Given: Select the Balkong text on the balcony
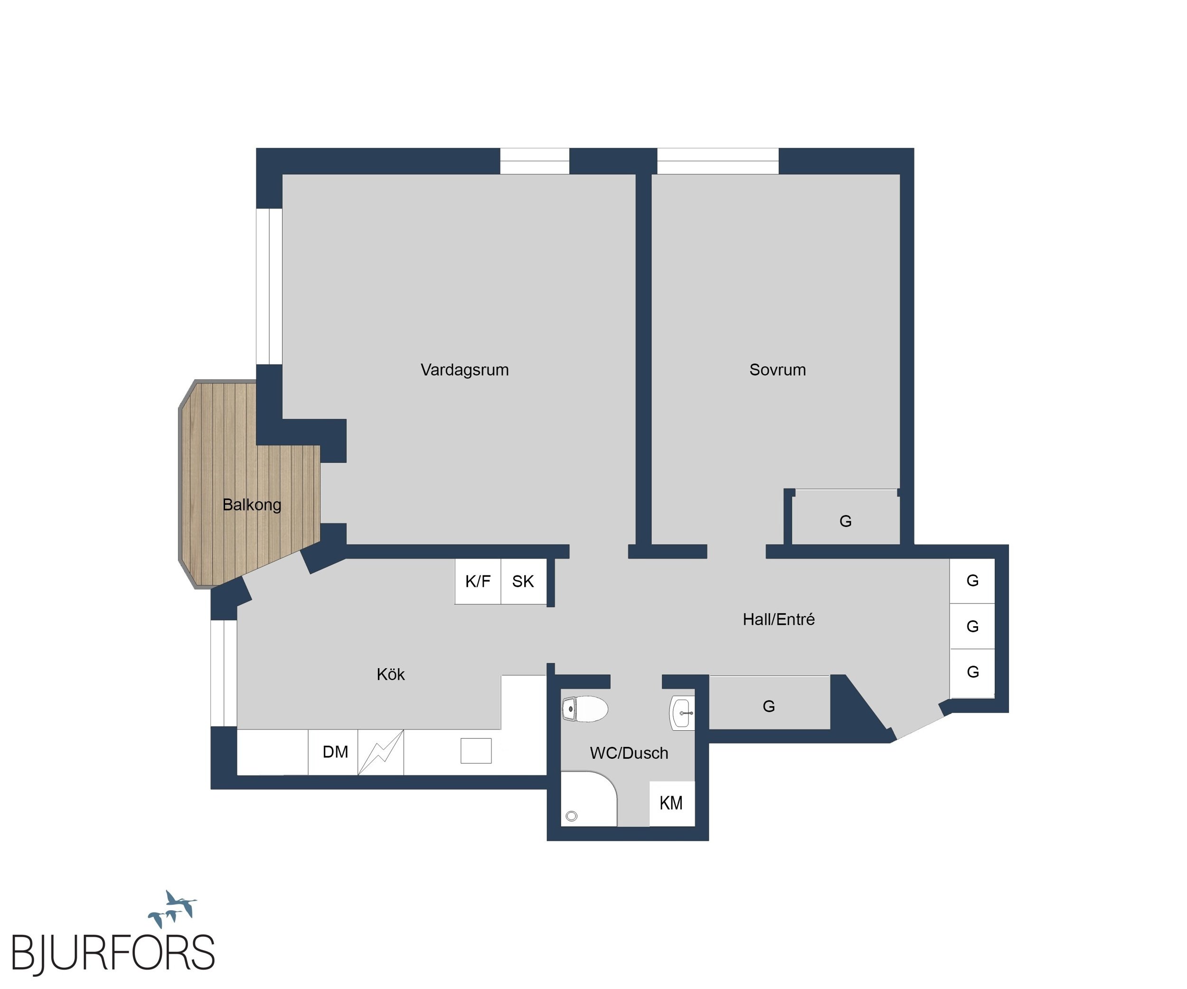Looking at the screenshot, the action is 252,505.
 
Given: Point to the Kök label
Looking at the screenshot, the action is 391,674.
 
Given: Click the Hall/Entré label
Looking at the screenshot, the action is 778,620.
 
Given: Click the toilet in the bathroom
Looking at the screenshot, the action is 584,709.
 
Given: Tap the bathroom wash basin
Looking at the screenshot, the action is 682,713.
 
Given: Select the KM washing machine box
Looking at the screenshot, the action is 671,803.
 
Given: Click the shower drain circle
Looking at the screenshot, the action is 572,816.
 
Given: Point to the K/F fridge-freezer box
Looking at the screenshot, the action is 478,581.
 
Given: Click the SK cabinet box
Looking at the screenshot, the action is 523,581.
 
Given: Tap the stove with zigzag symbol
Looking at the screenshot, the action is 381,752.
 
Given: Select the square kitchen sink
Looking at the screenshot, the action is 476,751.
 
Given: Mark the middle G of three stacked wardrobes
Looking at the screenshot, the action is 972,626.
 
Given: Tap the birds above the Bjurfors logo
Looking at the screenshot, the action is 172,909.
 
